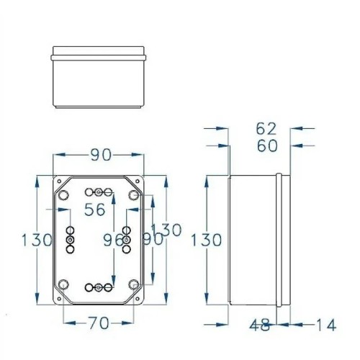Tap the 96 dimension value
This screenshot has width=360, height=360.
[x=113, y=239]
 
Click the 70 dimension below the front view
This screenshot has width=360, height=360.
[x=99, y=323]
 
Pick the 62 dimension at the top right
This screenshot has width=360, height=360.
[x=266, y=129]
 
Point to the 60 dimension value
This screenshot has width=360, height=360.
[x=266, y=146]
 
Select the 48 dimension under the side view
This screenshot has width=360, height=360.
[x=261, y=325]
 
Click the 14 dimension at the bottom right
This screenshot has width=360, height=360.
[x=326, y=325]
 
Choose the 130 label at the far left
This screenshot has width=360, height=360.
[x=35, y=240]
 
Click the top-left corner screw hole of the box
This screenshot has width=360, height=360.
[x=63, y=194]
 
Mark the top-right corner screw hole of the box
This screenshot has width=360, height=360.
[x=134, y=194]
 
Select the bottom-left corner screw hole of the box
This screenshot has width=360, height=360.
[x=63, y=284]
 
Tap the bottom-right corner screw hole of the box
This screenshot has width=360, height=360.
[x=134, y=284]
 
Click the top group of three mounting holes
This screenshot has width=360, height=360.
[x=99, y=192]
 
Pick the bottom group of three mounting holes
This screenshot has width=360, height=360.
[x=99, y=288]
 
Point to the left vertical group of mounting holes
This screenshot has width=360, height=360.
[x=70, y=239]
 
